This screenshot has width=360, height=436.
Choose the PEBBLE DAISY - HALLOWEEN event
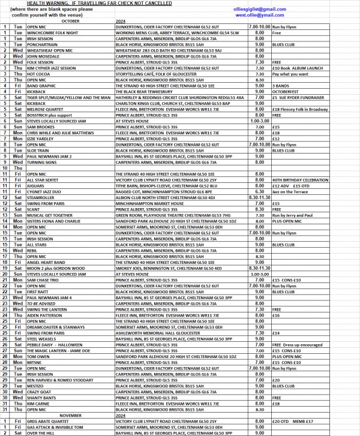coord(53,344)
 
